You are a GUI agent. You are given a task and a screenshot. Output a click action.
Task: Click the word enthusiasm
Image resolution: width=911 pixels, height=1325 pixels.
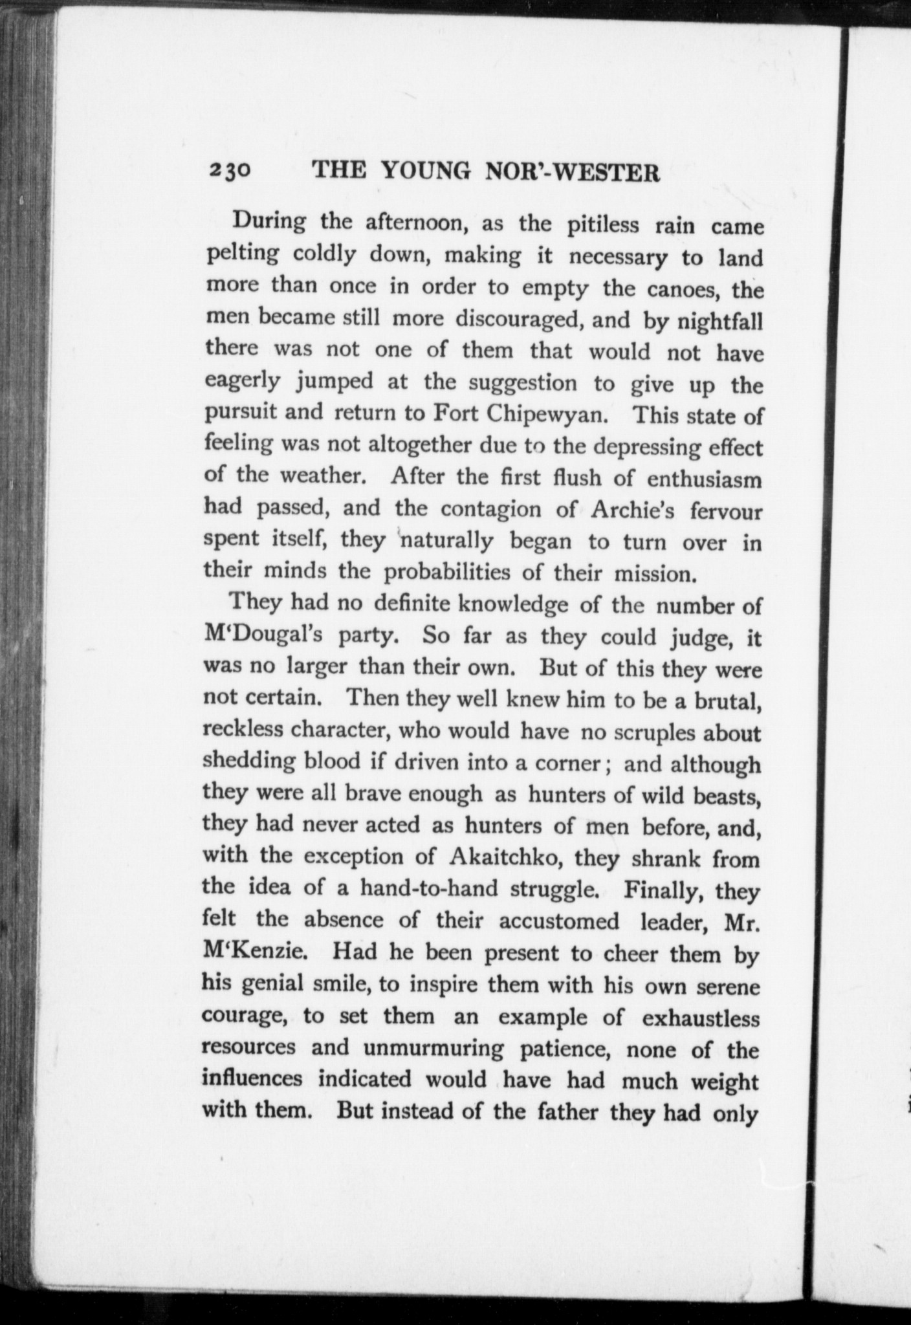click(705, 479)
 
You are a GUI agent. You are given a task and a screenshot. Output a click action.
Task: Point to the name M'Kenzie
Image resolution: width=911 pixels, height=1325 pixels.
click(250, 952)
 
